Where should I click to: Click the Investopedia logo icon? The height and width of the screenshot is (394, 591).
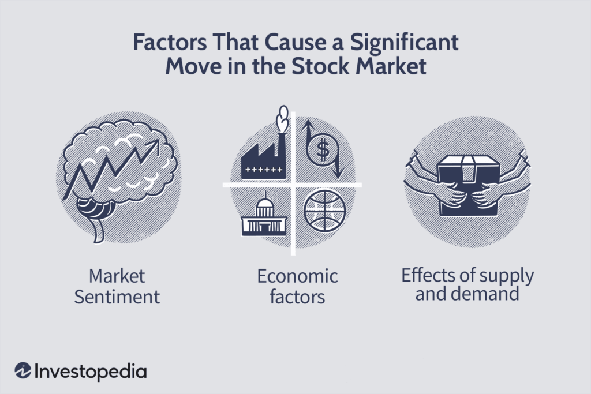(23, 370)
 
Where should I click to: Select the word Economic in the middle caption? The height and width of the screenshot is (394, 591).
(297, 276)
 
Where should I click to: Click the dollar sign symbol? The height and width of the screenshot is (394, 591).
(323, 149)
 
